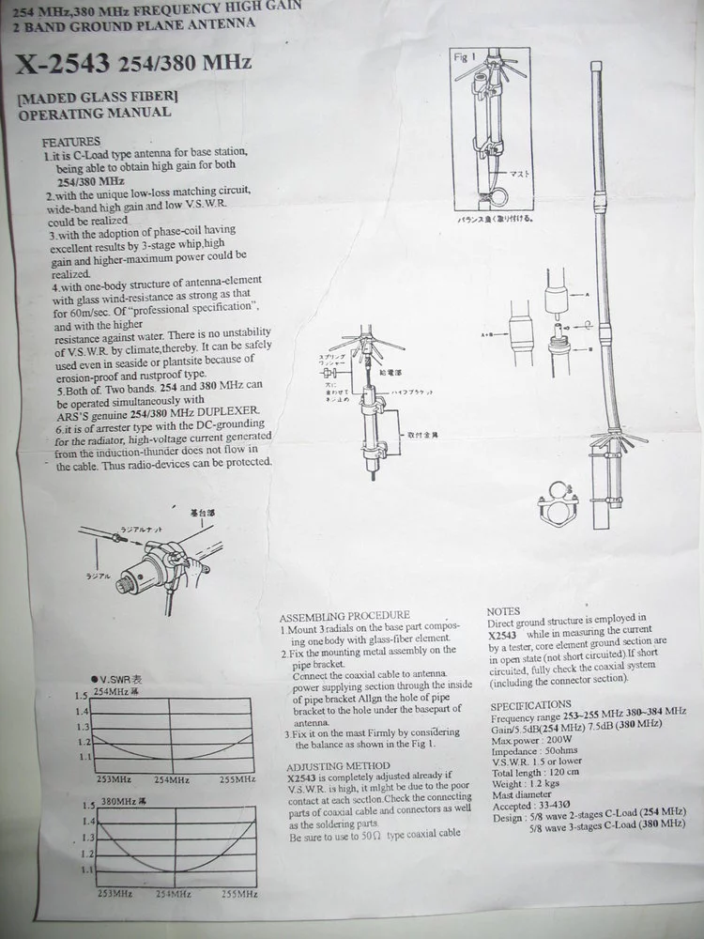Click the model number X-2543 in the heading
coord(61,64)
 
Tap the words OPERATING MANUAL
coord(95,113)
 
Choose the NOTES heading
coord(504,610)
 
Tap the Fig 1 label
coord(467,57)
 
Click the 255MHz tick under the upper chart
coord(238,778)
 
